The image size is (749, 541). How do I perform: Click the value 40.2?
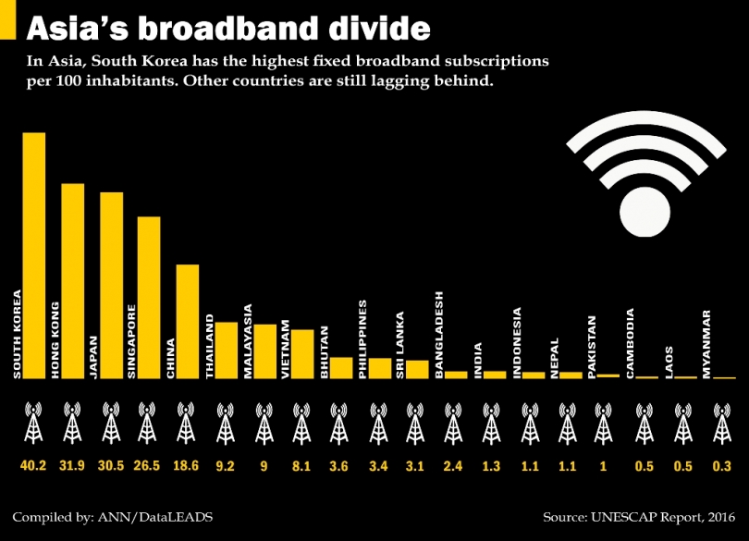pos(33,466)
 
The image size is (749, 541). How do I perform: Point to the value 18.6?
pos(187,466)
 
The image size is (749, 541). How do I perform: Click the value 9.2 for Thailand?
pos(226,466)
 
